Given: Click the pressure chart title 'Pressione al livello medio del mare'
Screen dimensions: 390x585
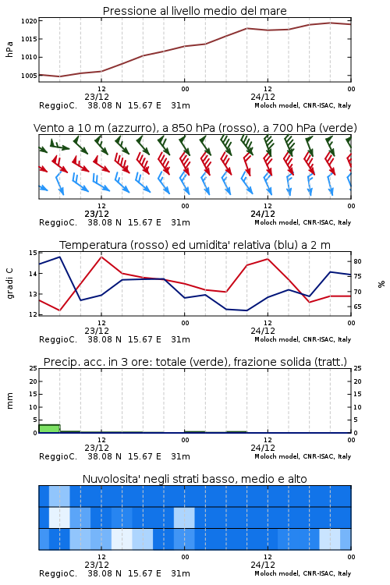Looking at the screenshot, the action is [x=194, y=11].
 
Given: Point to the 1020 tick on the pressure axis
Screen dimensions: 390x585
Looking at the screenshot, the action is [x=29, y=21].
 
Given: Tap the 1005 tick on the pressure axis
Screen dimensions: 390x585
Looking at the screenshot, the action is [x=29, y=76].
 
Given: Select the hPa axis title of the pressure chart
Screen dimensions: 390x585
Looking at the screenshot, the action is [x=9, y=49].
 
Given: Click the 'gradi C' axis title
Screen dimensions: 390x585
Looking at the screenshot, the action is [x=9, y=284].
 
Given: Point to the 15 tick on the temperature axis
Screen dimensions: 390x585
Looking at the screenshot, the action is [x=33, y=253].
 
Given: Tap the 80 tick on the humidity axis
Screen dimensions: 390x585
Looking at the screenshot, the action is [x=357, y=261].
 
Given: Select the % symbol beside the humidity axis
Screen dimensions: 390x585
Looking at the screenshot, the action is [x=381, y=284].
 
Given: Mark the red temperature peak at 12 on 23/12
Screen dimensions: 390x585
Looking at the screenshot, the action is [x=101, y=257].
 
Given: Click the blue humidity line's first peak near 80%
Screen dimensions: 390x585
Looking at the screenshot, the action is [x=60, y=257].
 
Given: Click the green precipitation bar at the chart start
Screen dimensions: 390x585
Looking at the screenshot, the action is [x=49, y=429].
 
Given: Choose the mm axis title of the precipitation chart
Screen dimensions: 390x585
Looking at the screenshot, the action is [x=9, y=401].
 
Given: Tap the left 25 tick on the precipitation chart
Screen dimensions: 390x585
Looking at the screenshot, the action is [x=33, y=369].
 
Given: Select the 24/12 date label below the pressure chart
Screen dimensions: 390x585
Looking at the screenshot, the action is [x=263, y=97].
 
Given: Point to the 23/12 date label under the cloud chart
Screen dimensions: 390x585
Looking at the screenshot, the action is [x=97, y=565].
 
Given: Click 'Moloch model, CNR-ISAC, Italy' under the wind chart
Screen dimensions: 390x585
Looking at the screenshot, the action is [x=303, y=222].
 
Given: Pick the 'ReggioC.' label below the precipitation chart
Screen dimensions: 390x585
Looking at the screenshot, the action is [x=58, y=456].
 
